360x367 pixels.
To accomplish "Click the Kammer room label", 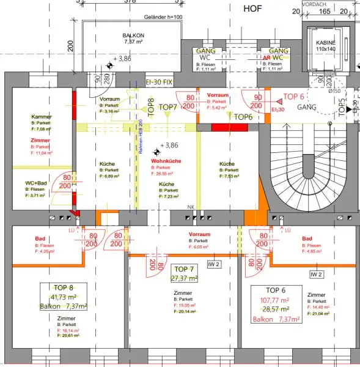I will click(x=42, y=116).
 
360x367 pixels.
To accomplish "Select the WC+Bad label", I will click(x=37, y=183).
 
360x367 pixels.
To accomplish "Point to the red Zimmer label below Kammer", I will click(x=40, y=140).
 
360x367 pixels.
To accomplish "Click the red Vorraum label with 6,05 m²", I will click(x=200, y=234).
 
